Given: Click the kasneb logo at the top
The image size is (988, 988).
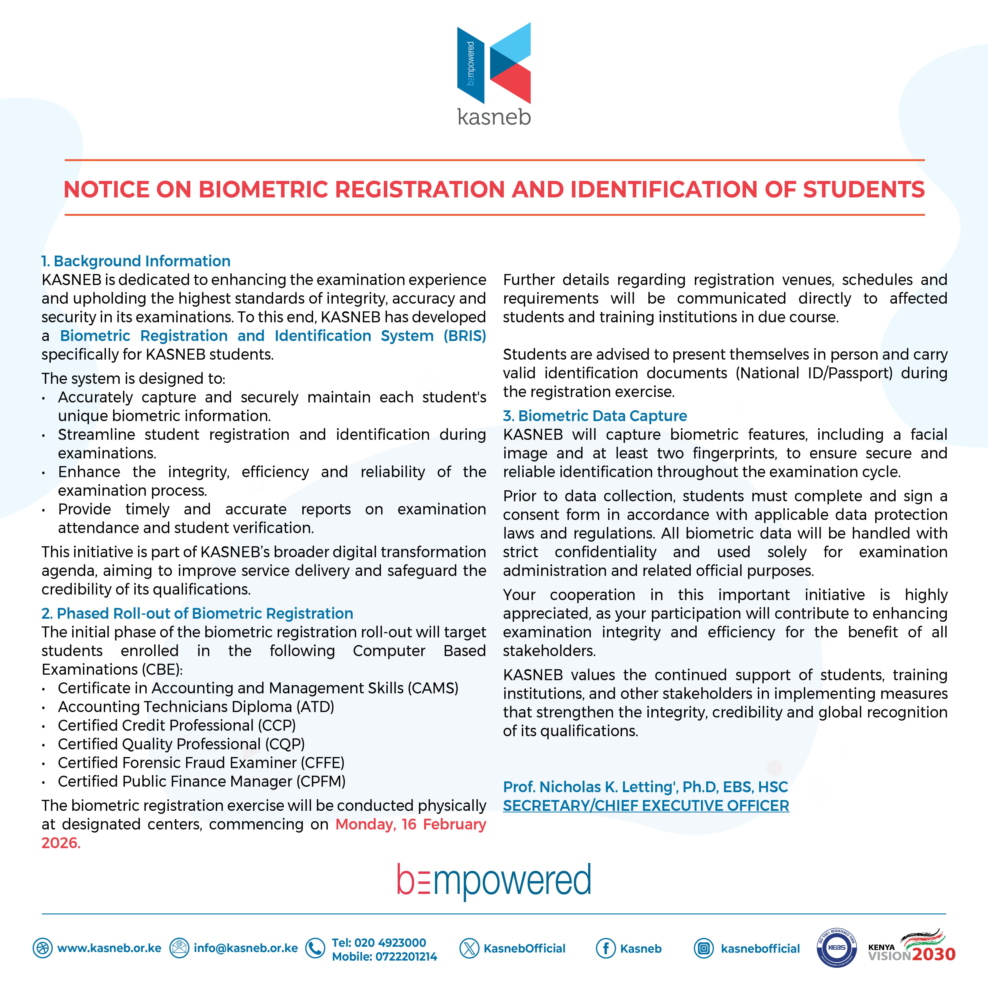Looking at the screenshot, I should [494, 74].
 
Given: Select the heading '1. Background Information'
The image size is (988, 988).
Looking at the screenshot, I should [136, 261].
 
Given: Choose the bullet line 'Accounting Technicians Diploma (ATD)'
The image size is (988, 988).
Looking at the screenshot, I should [196, 707].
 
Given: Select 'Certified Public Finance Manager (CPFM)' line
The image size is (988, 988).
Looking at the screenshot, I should [202, 781].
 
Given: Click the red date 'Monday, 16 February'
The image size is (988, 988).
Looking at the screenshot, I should [410, 824].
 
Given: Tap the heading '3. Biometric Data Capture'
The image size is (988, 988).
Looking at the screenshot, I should [595, 416].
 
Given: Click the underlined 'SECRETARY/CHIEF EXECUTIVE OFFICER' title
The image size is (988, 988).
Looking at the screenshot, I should [646, 806].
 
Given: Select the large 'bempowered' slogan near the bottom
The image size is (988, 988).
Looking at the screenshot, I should [494, 881].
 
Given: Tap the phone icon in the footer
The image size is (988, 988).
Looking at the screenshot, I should [315, 948].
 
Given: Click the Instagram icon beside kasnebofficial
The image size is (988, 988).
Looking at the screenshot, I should [704, 949].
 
